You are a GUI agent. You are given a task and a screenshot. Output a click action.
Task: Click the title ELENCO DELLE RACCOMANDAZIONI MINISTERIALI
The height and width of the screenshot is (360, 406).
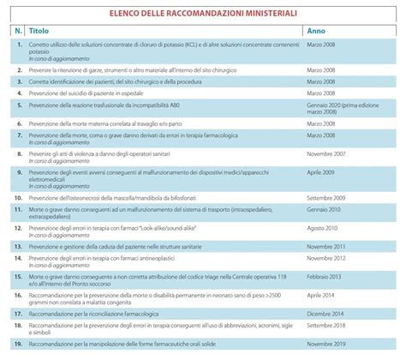tap(203, 15)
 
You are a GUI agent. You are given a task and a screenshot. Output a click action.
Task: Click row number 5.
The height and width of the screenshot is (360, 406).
tap(18, 107)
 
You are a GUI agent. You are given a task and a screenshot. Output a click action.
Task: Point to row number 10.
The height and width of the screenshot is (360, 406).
tap(18, 195)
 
